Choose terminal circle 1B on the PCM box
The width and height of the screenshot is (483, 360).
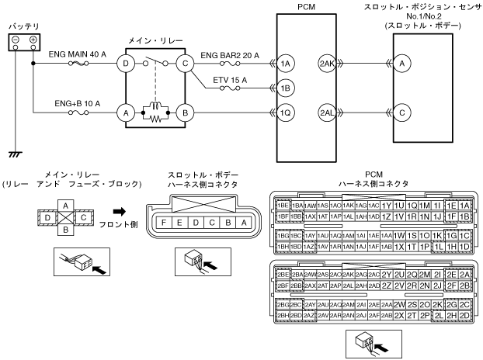pyautogui.click(x=287, y=88)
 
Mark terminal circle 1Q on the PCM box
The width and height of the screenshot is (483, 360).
pyautogui.click(x=287, y=112)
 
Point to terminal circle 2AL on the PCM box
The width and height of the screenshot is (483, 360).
pyautogui.click(x=327, y=112)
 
